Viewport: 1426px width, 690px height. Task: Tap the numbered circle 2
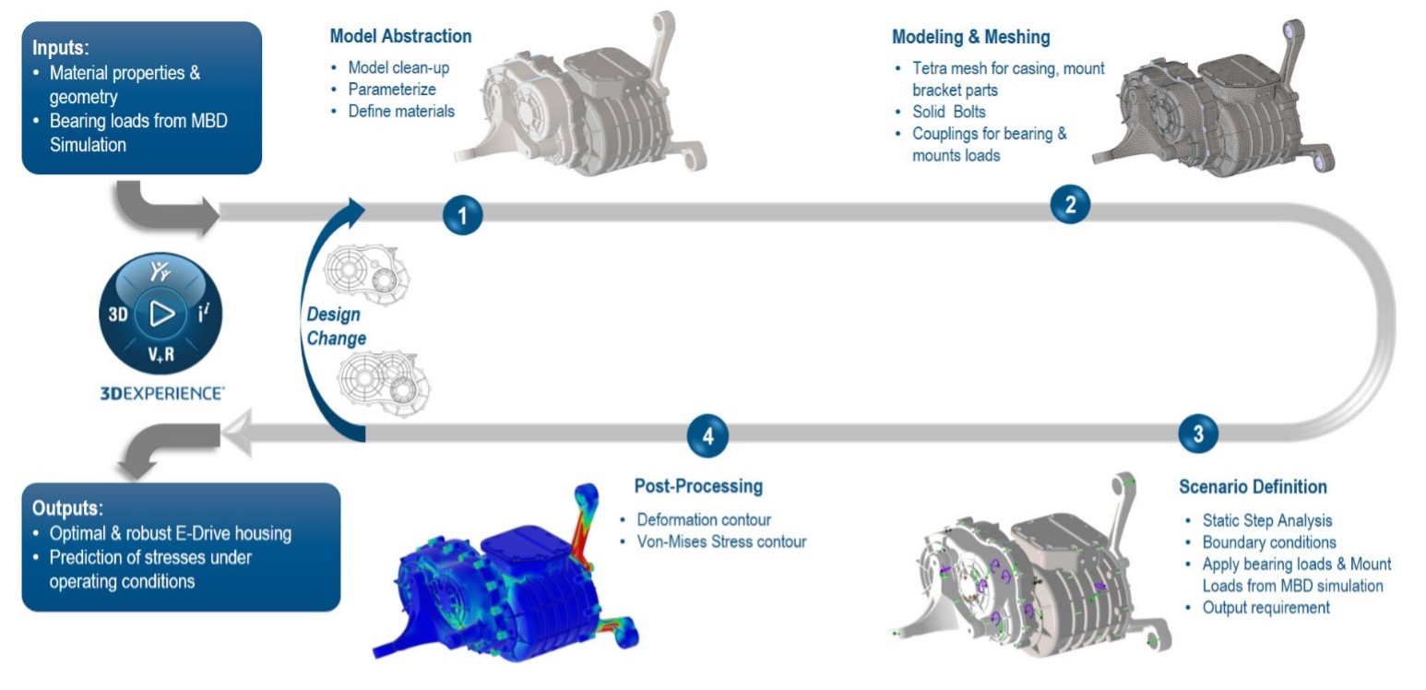click(x=1070, y=204)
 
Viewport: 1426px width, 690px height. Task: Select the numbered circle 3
click(x=1197, y=434)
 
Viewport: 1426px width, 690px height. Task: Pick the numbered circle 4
click(x=707, y=435)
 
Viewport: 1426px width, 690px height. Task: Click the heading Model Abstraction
click(x=400, y=37)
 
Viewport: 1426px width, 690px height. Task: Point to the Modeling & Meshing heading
click(x=970, y=37)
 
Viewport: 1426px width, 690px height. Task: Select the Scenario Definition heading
click(x=1253, y=486)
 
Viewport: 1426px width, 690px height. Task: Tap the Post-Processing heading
click(x=698, y=486)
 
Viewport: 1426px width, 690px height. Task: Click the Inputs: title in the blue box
click(x=61, y=47)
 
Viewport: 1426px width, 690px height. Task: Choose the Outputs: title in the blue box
click(x=68, y=508)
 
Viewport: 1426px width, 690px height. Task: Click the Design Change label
click(x=337, y=326)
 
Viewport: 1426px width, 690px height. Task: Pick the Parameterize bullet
click(x=392, y=89)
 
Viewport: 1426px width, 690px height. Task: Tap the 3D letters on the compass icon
click(x=117, y=315)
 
